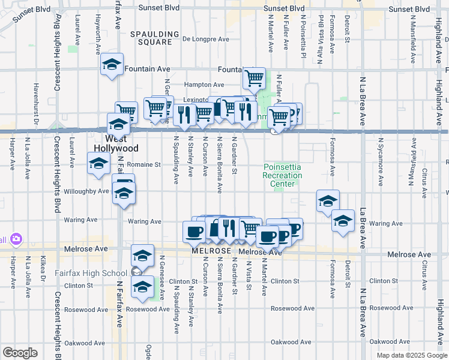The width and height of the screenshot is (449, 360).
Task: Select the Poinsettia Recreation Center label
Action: (x=282, y=175)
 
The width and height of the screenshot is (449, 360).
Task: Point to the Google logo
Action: (x=20, y=353)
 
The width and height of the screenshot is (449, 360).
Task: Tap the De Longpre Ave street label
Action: (x=206, y=40)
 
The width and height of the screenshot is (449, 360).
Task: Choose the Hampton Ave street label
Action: (x=204, y=85)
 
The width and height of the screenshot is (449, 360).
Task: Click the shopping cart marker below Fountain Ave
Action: (x=254, y=77)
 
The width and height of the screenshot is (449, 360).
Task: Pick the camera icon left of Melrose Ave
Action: (x=16, y=239)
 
